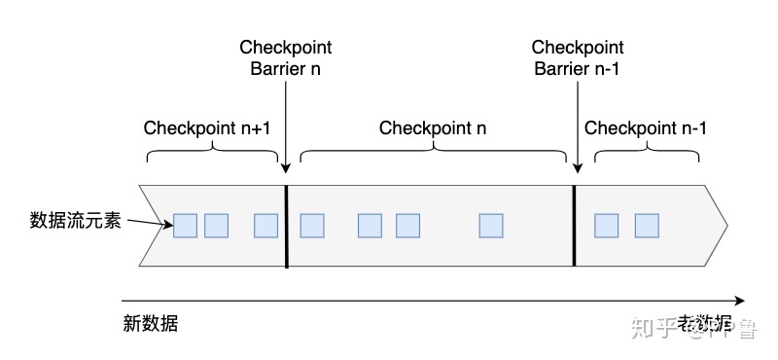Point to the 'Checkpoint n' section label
[x=433, y=128]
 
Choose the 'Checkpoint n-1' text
[x=646, y=128]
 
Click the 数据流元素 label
[x=75, y=220]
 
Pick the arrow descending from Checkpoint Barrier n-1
[x=578, y=126]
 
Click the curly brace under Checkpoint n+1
[x=212, y=156]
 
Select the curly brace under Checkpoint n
[x=434, y=156]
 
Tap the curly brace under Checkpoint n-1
[x=647, y=156]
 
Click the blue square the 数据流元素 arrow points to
[x=185, y=226]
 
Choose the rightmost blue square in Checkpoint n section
[x=491, y=226]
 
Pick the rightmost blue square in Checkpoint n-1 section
[x=647, y=226]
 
